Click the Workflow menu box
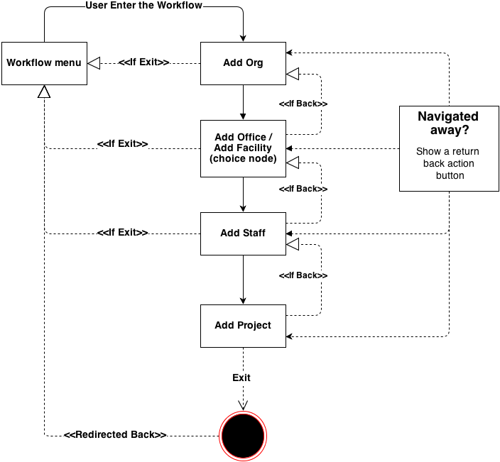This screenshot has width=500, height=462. click(44, 62)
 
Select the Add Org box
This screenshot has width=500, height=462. click(243, 62)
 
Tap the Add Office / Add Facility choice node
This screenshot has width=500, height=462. click(243, 148)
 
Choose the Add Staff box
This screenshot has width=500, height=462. click(243, 233)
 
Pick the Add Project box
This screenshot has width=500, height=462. click(243, 326)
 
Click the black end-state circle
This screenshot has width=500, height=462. click(243, 434)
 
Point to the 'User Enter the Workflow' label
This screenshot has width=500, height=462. click(143, 6)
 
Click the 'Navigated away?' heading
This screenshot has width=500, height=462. click(448, 123)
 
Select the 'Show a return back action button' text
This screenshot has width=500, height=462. click(448, 163)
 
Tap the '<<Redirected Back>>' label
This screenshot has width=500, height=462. click(116, 434)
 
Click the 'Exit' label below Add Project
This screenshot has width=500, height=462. click(241, 378)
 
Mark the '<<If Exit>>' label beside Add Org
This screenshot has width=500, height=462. click(143, 62)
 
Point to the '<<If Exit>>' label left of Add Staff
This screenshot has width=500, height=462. click(122, 233)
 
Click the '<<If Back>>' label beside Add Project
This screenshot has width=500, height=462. click(303, 275)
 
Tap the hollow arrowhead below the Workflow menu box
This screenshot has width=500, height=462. click(44, 92)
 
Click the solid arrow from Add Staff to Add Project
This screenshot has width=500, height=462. click(243, 280)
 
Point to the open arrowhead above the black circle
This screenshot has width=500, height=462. click(243, 405)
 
